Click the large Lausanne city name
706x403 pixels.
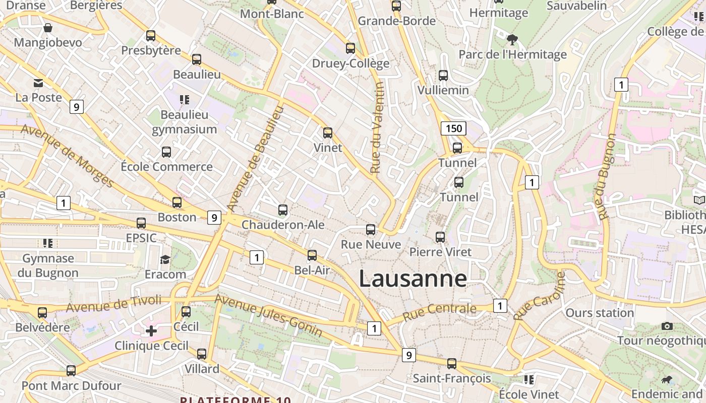pos(413,279)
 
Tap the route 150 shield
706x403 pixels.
pos(453,128)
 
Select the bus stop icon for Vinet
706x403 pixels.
pos(328,133)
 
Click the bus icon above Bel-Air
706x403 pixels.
pos(312,255)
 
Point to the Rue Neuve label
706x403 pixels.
pos(371,245)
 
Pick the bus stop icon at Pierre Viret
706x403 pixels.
pos(440,237)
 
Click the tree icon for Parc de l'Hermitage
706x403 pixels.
pos(512,39)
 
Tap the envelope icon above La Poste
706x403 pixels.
pos(38,83)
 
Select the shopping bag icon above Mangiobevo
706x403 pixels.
pos(48,28)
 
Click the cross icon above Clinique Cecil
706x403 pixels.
pos(151,331)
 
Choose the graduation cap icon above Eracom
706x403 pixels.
pos(165,260)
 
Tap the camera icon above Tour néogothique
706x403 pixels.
pos(667,326)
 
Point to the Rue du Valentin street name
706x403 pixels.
pos(377,128)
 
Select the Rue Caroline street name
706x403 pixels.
pos(539,296)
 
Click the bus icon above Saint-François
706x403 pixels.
pos(452,364)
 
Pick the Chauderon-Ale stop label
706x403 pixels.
pos(283,225)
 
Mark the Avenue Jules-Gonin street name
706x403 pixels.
pos(268,315)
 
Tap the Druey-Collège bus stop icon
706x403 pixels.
pos(350,48)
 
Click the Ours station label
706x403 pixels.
pos(599,313)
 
